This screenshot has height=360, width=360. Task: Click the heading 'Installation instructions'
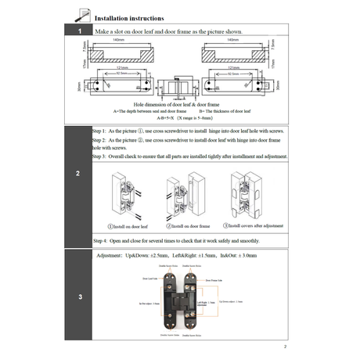(129, 17)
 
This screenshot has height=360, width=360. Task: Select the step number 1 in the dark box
(80, 31)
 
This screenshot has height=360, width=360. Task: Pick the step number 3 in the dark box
(80, 297)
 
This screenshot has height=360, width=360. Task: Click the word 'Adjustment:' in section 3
(111, 256)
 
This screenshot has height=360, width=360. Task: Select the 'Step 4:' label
(102, 240)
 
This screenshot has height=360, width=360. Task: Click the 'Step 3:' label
(102, 157)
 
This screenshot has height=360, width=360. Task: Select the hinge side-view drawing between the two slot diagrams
(180, 83)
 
